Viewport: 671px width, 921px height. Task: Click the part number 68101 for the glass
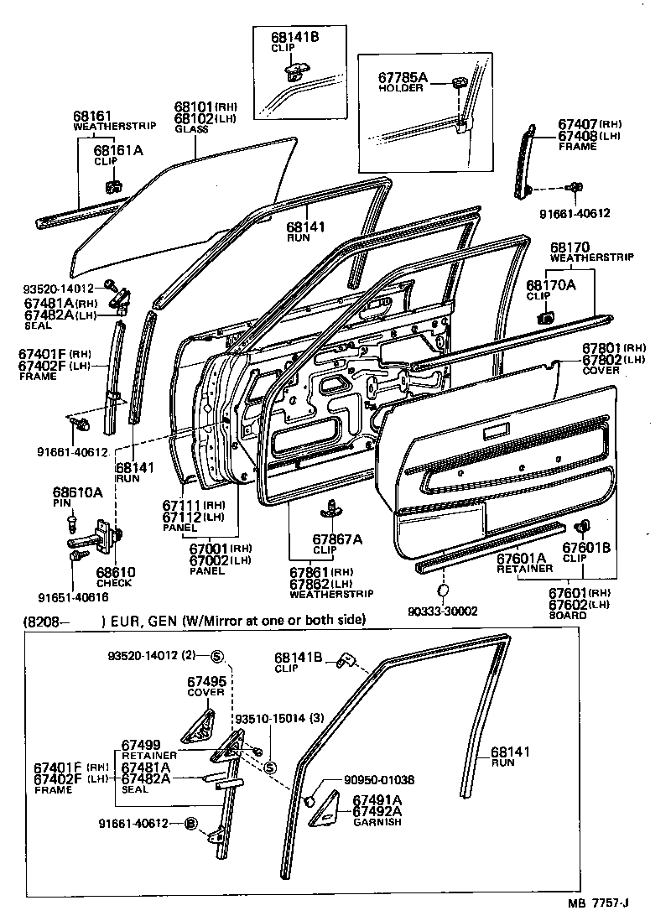coord(194,107)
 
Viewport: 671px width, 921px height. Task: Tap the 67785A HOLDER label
coord(403,81)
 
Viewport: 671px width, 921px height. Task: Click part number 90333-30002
coord(445,611)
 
